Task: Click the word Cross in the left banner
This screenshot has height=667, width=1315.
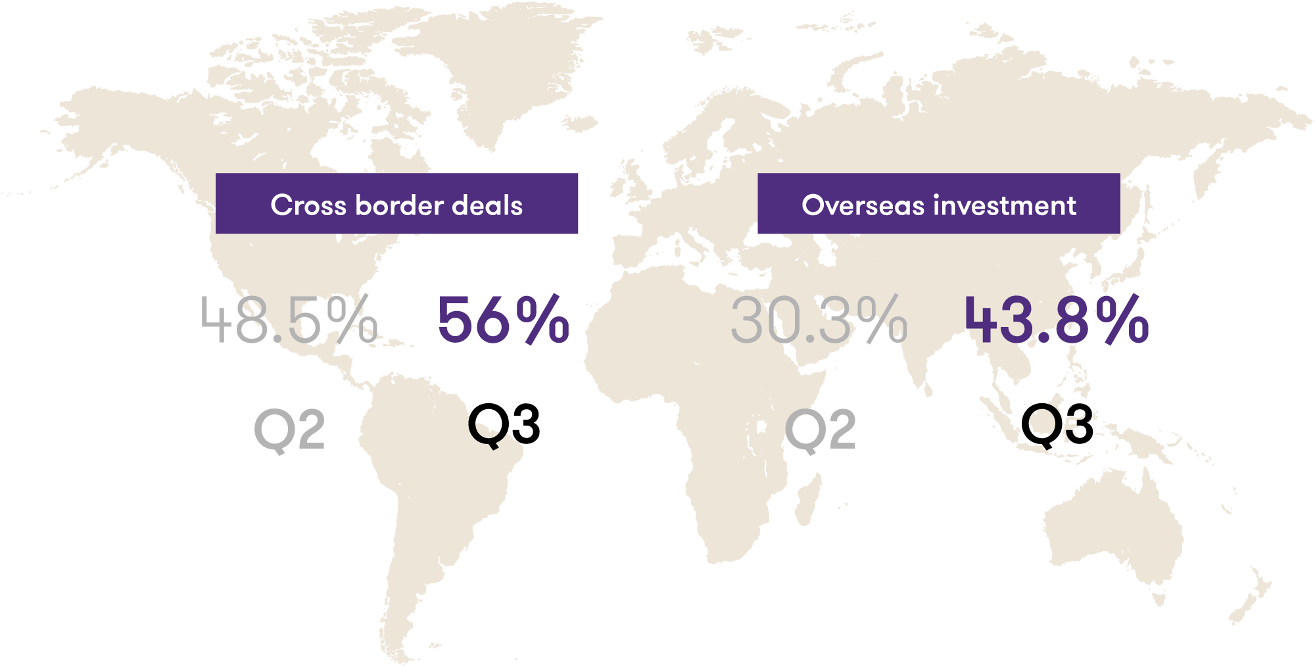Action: click(308, 205)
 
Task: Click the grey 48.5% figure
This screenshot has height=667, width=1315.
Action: click(289, 320)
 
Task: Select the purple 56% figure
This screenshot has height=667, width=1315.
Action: click(503, 320)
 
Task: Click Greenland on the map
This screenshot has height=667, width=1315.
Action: click(500, 66)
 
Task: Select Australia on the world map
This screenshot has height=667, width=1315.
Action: click(1111, 526)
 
